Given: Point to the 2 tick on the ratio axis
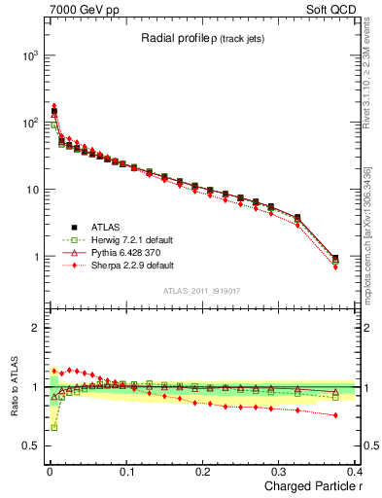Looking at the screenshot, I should (x=33, y=328).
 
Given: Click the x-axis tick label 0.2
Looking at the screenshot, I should (x=202, y=472).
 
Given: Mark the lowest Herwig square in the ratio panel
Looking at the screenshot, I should (x=54, y=427).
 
